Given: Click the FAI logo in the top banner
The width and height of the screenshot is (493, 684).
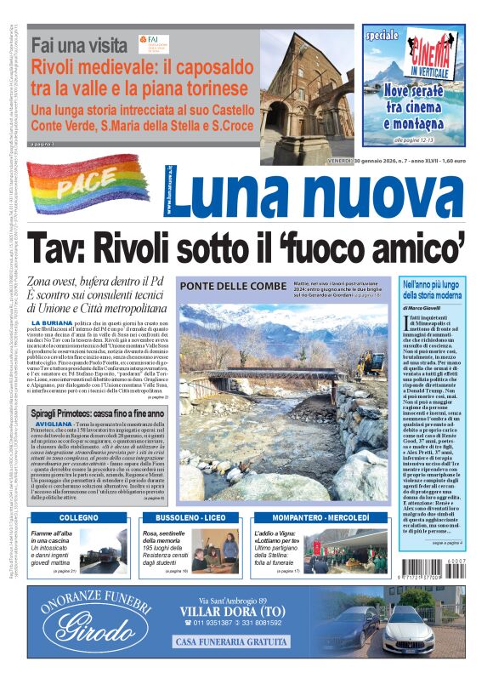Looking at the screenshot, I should coord(153,43).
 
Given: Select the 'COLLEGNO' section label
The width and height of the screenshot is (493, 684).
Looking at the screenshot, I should coord(79,517).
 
